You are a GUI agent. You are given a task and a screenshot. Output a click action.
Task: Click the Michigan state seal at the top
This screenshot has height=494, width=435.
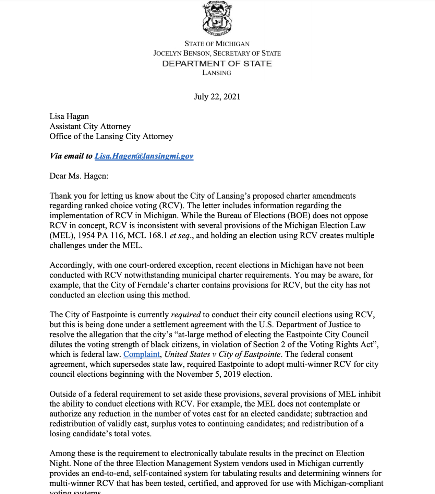pos(217,19)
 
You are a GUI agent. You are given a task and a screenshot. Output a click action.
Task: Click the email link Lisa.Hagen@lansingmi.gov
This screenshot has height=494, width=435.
pos(144,156)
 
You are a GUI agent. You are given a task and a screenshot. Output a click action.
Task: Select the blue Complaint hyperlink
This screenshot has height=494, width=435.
pos(142,354)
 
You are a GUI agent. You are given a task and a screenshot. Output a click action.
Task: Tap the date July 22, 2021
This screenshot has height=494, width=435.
pos(217,97)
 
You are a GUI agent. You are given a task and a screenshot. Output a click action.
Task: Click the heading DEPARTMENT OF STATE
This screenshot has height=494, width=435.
pos(217,64)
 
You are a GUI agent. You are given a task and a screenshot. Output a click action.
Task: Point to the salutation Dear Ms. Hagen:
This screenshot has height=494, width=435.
pos(79,176)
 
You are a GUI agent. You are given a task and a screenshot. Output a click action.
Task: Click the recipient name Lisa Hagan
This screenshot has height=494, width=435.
pos(69,116)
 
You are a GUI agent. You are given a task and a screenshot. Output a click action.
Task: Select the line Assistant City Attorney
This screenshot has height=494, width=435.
pos(90,126)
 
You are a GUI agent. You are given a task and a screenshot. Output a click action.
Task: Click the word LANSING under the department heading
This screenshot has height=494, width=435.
pos(217,73)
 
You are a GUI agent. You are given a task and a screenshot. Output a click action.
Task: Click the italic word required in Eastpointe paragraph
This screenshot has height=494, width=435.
pos(185,315)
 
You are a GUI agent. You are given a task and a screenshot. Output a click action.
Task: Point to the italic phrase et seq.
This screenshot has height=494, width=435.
pos(180,236)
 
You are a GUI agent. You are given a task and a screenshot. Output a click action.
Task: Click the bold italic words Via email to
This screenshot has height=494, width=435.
pos(71,156)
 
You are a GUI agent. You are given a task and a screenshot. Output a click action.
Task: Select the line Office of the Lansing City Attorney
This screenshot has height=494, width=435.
pos(111,136)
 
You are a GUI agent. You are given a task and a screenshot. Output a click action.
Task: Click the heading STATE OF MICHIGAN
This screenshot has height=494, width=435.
pos(217,44)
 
